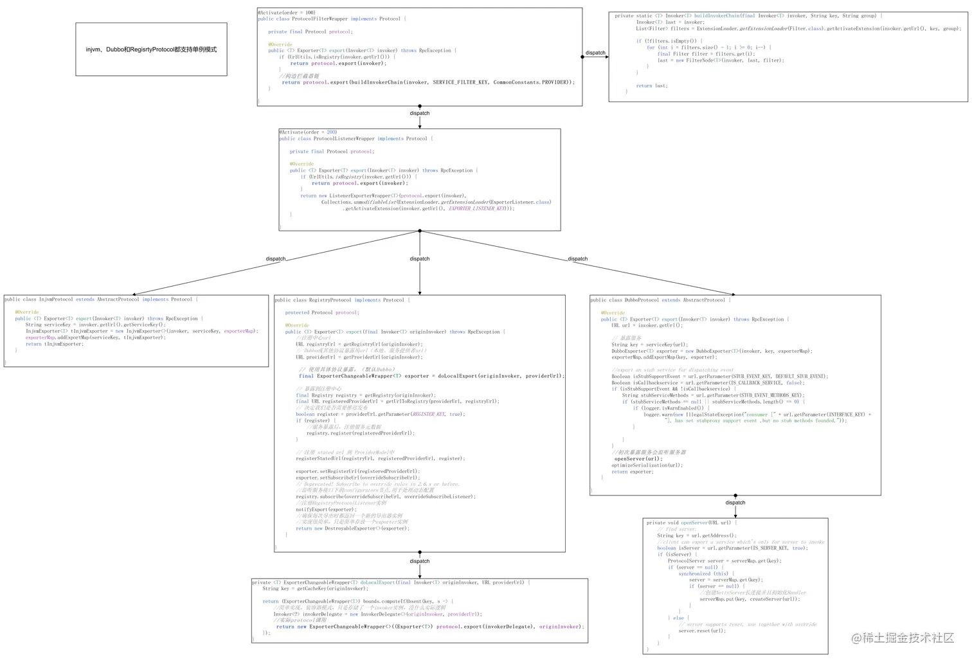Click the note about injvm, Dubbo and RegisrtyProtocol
(x=151, y=49)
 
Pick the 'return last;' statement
(x=652, y=85)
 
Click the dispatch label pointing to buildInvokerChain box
(x=595, y=53)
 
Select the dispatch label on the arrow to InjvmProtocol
(x=276, y=259)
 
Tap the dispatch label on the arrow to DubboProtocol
(x=578, y=259)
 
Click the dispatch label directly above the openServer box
(x=735, y=503)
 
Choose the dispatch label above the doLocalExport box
(x=420, y=561)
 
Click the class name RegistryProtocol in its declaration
(x=330, y=300)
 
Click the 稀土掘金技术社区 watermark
(x=903, y=638)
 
